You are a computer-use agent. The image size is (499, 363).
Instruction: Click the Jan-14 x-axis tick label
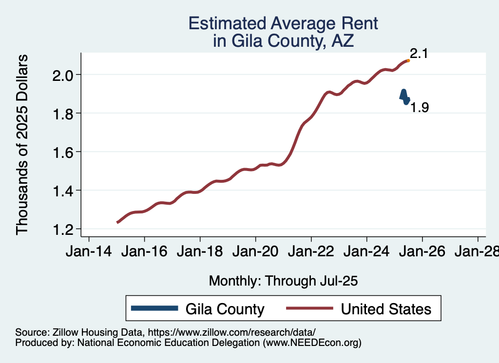[x=89, y=252]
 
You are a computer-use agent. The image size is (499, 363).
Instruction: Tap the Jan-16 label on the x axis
[x=144, y=252]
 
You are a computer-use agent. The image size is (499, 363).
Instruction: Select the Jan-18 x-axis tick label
[x=200, y=252]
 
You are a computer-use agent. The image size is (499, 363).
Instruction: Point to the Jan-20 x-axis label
[x=255, y=252]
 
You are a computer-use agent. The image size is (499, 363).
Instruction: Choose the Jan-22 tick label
[x=311, y=252]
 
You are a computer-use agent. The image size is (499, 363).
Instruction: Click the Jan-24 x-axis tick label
[x=366, y=252]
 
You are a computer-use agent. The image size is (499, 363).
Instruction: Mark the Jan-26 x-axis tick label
[x=422, y=252]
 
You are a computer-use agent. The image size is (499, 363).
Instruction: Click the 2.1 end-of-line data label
[x=419, y=54]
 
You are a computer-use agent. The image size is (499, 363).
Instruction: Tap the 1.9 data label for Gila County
[x=419, y=108]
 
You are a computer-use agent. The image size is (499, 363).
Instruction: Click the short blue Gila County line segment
[x=404, y=96]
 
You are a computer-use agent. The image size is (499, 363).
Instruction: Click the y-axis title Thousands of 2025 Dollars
[x=23, y=145]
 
